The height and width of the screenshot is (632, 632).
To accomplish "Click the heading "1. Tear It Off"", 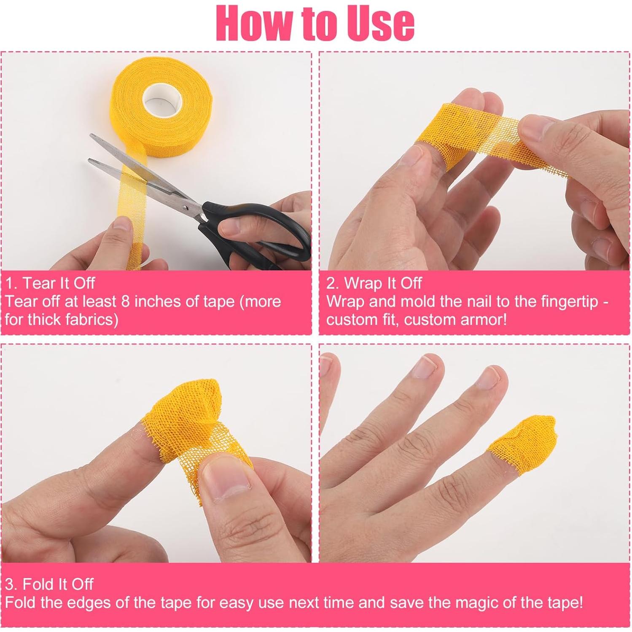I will pyautogui.click(x=50, y=283).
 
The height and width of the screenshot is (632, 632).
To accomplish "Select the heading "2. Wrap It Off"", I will pyautogui.click(x=374, y=283).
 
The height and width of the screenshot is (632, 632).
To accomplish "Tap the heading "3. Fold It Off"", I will pyautogui.click(x=49, y=584).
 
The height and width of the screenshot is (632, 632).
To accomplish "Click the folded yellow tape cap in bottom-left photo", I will pyautogui.click(x=190, y=405).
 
